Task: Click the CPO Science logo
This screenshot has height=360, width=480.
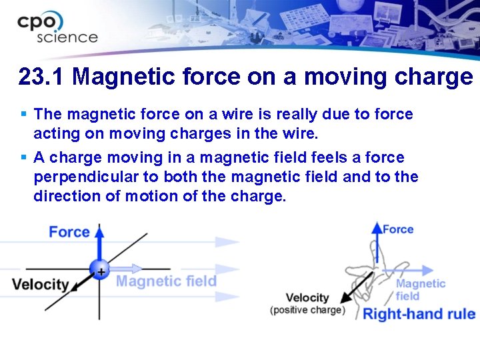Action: click(57, 28)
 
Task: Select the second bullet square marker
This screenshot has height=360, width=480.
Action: click(24, 158)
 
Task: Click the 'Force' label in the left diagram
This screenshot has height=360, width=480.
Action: click(69, 232)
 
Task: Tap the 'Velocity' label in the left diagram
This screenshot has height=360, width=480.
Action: click(40, 285)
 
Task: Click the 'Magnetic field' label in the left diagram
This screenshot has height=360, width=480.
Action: click(166, 281)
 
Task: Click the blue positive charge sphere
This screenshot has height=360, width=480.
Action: click(99, 270)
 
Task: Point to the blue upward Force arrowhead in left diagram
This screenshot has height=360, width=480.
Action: click(99, 231)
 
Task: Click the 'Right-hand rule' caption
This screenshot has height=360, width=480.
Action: click(418, 314)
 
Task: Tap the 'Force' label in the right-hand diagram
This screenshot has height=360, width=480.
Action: click(398, 229)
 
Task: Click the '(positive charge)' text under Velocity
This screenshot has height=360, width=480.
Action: click(308, 310)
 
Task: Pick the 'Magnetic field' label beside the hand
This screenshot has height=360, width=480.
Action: click(420, 289)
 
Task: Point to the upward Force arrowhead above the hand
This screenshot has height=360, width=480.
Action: click(377, 227)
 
